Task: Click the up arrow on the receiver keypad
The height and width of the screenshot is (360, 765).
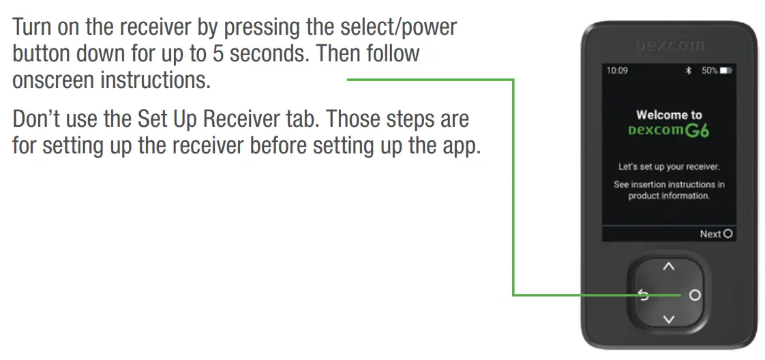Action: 669,266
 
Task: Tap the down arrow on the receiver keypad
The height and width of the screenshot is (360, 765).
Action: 669,318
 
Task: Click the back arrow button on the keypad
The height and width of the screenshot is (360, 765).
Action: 643,295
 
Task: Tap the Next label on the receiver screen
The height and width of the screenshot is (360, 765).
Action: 710,234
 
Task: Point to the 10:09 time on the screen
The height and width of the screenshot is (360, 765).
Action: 617,71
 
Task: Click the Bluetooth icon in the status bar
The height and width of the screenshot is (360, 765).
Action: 688,71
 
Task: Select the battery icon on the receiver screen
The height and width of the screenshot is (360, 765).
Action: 725,71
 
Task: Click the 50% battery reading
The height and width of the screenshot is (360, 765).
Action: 708,71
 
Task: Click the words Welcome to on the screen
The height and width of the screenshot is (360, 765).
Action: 669,115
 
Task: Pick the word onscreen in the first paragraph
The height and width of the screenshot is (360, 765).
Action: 53,80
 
